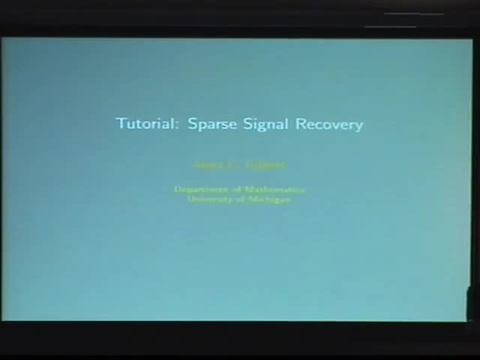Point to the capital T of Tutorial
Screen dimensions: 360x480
[120, 123]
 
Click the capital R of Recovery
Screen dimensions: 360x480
[300, 124]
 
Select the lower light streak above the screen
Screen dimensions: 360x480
[390, 27]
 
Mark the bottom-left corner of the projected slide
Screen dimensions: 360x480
[3, 319]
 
